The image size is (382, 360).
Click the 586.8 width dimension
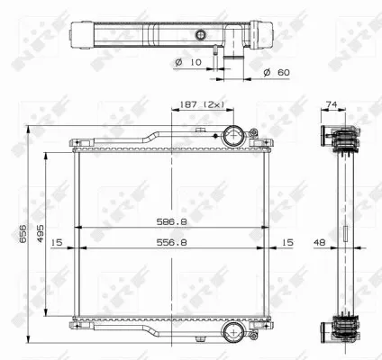[x=171, y=221]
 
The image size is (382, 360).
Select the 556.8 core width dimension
[x=171, y=242]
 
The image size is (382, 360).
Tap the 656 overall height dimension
[x=23, y=233]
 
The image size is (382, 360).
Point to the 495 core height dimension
[x=41, y=233]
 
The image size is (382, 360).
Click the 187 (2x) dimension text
[x=202, y=104]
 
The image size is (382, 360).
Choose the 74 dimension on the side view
[x=332, y=104]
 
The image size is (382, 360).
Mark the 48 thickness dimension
[x=319, y=242]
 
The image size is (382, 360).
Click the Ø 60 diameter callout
[x=277, y=72]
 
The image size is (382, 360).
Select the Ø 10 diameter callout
[x=188, y=62]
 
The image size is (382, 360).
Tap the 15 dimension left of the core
[x=57, y=242]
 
